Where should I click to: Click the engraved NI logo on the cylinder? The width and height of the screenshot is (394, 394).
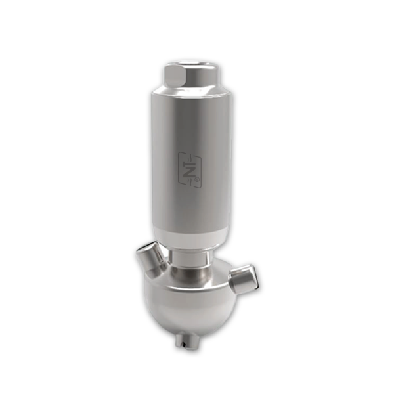point(190,170)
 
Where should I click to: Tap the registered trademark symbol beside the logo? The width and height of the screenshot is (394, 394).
point(197,180)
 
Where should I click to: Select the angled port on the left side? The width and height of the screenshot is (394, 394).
point(151,258)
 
